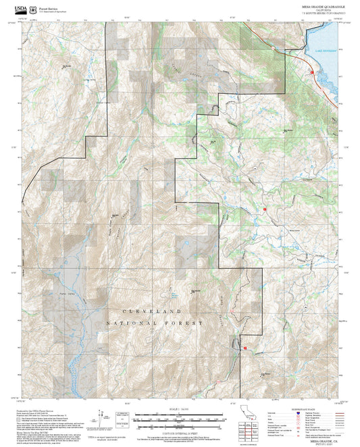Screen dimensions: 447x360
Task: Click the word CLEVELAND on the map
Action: (x=153, y=311)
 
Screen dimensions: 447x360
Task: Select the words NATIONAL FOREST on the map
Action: (x=155, y=323)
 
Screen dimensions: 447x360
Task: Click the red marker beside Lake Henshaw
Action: (x=312, y=72)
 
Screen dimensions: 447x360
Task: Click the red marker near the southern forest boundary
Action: (x=245, y=348)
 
